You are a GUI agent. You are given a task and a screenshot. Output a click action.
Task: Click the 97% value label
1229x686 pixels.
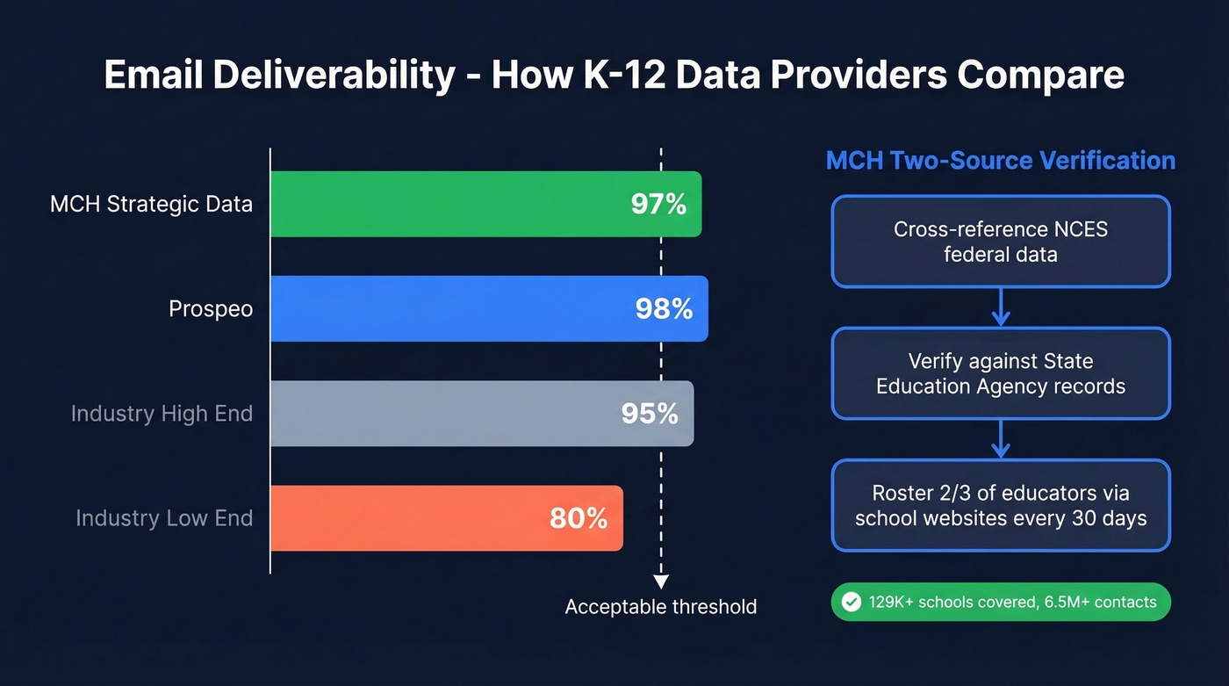(x=658, y=205)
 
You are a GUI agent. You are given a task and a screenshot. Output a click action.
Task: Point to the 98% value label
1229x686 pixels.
(x=664, y=309)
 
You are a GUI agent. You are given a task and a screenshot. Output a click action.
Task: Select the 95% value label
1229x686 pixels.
(x=650, y=414)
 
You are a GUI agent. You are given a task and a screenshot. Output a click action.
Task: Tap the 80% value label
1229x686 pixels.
(x=579, y=518)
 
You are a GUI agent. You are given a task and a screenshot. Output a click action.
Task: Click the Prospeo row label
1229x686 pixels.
(x=211, y=309)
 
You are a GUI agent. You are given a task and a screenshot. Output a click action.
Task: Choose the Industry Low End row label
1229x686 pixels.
(x=164, y=518)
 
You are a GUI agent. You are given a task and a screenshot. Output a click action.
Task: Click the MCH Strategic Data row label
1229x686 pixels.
(x=151, y=205)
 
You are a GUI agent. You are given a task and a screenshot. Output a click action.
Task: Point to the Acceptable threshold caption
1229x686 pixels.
(x=660, y=607)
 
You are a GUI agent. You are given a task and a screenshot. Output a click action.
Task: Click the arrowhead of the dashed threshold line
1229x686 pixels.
(x=661, y=581)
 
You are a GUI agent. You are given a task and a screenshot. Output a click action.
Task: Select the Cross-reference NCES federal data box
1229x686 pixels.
(x=1001, y=242)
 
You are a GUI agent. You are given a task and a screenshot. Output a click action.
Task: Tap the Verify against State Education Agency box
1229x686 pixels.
(x=1001, y=373)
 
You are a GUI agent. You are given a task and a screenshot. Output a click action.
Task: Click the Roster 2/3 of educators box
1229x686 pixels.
(x=1001, y=505)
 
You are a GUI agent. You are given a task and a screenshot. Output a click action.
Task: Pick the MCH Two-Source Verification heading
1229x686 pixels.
(x=1001, y=161)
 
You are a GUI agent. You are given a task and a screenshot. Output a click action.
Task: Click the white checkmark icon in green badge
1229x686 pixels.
(x=851, y=603)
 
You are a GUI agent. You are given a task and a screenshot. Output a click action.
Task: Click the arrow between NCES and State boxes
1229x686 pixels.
(x=1001, y=307)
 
